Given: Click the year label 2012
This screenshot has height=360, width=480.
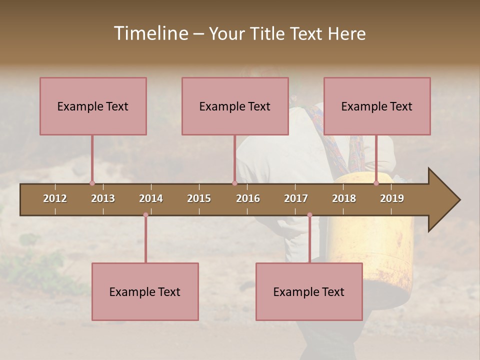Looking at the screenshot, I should (55, 198).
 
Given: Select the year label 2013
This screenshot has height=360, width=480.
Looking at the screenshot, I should (103, 198).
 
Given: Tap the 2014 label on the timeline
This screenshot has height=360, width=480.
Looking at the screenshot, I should (151, 198).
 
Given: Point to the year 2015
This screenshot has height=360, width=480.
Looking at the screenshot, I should (199, 198).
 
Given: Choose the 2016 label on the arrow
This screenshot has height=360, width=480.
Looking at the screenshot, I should (248, 198).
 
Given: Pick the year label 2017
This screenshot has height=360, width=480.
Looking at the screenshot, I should (296, 198).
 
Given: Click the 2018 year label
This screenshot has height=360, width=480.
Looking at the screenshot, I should (344, 198).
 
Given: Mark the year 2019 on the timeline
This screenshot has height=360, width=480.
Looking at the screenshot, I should (392, 198).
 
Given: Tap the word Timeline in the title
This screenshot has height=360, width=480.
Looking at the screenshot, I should (150, 33).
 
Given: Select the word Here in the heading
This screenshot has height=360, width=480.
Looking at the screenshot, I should (346, 33).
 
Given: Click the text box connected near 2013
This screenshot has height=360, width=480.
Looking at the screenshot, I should (93, 106).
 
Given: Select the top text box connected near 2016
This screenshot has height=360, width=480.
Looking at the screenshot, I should (235, 106).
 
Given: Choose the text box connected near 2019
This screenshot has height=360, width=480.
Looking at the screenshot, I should (377, 106).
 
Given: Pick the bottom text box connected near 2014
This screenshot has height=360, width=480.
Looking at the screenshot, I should (145, 291).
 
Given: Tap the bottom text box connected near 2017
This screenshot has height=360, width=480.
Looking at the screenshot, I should (309, 291).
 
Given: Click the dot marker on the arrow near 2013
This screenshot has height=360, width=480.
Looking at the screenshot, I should (92, 183).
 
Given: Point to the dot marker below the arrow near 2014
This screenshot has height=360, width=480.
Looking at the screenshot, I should (145, 215).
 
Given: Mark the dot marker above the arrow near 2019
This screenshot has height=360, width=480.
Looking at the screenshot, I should (376, 183).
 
